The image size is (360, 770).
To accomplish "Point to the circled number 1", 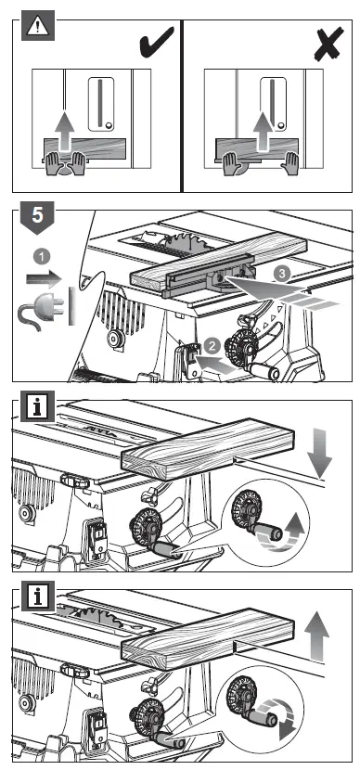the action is click(x=44, y=256).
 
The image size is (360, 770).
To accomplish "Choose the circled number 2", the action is click(x=212, y=346).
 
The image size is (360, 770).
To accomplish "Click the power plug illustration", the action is click(x=43, y=307).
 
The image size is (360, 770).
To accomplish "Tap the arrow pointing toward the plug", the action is click(x=44, y=279).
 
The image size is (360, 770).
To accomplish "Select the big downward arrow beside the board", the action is click(x=318, y=451).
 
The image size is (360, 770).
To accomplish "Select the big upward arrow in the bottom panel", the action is click(x=316, y=635).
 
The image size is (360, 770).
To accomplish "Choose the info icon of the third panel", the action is click(x=37, y=405).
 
